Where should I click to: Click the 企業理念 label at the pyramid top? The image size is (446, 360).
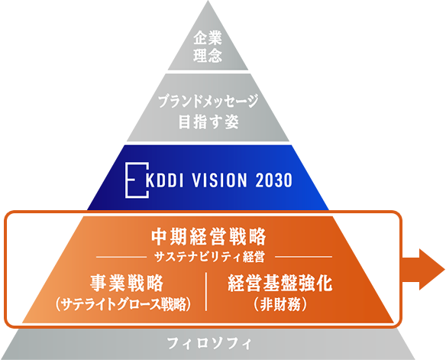pyautogui.click(x=208, y=47)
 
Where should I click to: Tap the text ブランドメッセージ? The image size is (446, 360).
pyautogui.click(x=208, y=102)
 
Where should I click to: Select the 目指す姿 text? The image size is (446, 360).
pyautogui.click(x=208, y=122)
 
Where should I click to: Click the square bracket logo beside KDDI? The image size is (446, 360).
pyautogui.click(x=137, y=180)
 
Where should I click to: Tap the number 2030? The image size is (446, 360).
pyautogui.click(x=274, y=180)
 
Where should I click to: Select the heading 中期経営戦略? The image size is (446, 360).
pyautogui.click(x=208, y=236)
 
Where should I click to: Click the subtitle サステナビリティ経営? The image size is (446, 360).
pyautogui.click(x=209, y=257)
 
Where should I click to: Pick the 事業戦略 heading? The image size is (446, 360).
pyautogui.click(x=127, y=283)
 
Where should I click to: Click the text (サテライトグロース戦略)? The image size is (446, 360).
pyautogui.click(x=123, y=304)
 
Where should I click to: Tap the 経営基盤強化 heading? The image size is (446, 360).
pyautogui.click(x=280, y=283)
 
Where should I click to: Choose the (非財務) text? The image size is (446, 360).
pyautogui.click(x=280, y=304)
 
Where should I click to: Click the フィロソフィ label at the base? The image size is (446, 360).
pyautogui.click(x=209, y=343)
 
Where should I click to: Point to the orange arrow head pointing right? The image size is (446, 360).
pyautogui.click(x=431, y=269)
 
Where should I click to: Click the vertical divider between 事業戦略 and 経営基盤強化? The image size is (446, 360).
pyautogui.click(x=206, y=291)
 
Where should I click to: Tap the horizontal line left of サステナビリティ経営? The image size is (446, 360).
pyautogui.click(x=121, y=257)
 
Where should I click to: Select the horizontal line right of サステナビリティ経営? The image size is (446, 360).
pyautogui.click(x=303, y=257)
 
